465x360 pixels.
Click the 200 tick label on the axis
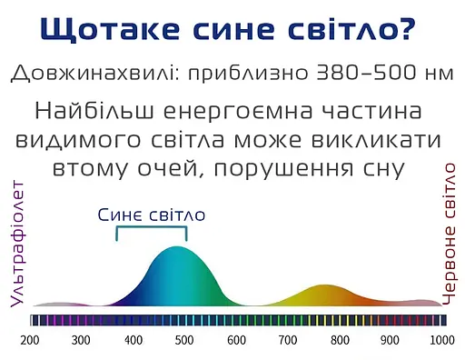tap(29, 340)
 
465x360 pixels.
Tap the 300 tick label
tap(81, 340)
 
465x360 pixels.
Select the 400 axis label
tap(133, 340)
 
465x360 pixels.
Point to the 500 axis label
tap(184, 340)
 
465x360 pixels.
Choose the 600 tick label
tap(236, 340)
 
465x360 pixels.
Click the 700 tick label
tap(288, 340)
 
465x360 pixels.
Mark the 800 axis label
tap(340, 340)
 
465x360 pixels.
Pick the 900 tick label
tap(391, 340)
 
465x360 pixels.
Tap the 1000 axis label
tap(441, 340)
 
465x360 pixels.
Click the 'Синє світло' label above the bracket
tap(152, 215)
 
